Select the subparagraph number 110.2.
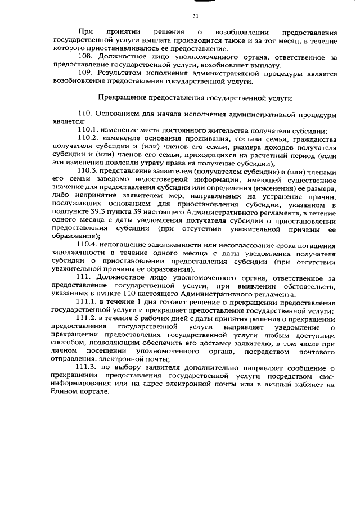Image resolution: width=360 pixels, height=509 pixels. (89, 138)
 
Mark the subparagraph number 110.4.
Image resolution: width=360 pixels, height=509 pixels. (89, 245)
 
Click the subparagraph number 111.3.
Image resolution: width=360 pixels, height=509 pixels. (89, 367)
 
